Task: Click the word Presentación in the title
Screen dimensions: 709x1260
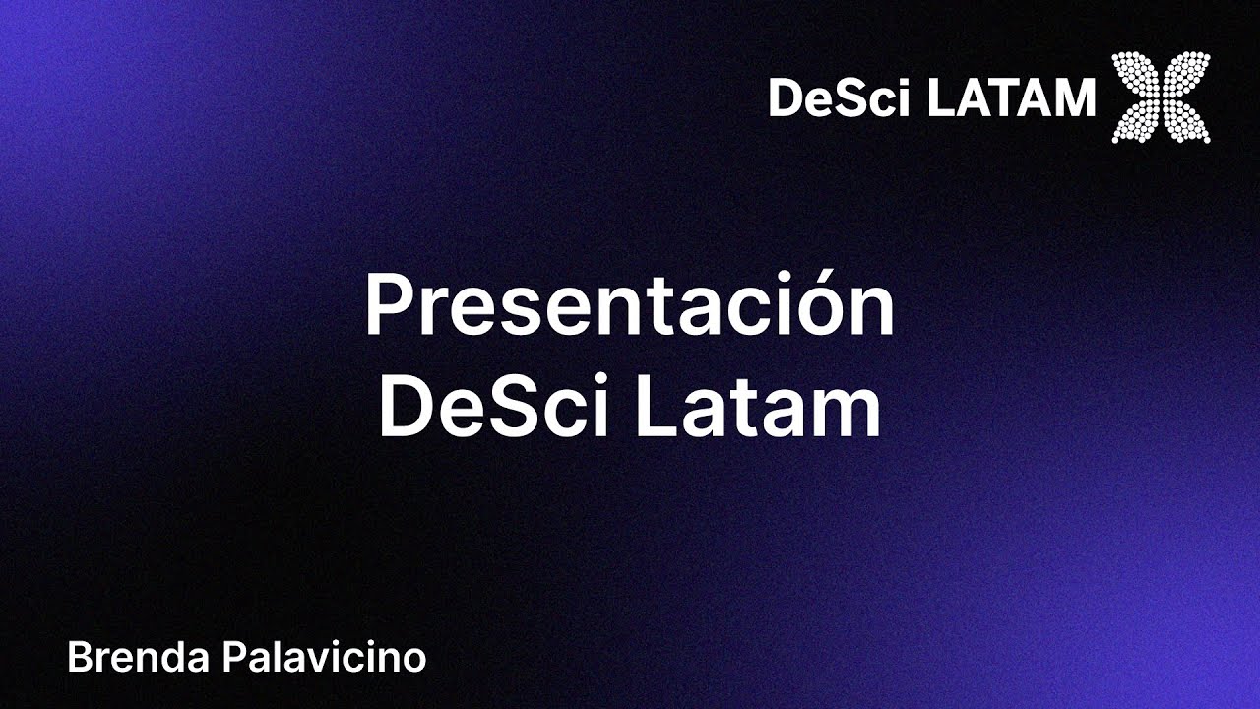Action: [x=630, y=305]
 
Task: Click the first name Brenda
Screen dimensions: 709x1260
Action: [x=139, y=657]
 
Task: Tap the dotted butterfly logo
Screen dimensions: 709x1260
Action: [x=1161, y=97]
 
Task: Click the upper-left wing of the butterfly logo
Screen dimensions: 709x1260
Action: [x=1137, y=75]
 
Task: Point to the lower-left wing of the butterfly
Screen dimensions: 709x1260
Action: [x=1138, y=121]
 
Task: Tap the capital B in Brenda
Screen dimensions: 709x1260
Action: [x=78, y=657]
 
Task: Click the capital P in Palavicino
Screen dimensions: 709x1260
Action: [x=235, y=657]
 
